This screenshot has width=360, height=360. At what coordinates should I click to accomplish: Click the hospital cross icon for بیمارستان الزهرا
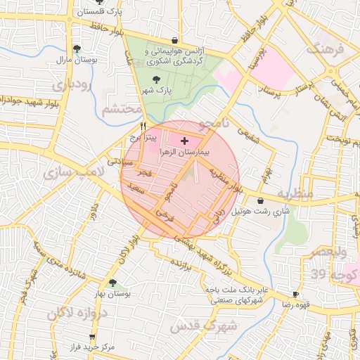click(x=185, y=141)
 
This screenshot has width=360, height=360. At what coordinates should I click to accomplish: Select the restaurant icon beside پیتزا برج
click(x=143, y=127)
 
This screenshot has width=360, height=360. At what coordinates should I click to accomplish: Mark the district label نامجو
click(x=216, y=125)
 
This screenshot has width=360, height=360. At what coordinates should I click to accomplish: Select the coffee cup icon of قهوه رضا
click(x=296, y=294)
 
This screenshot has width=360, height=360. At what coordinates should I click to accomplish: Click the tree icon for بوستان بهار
click(x=112, y=283)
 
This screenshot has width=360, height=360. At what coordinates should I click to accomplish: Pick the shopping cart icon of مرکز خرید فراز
click(x=92, y=337)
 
